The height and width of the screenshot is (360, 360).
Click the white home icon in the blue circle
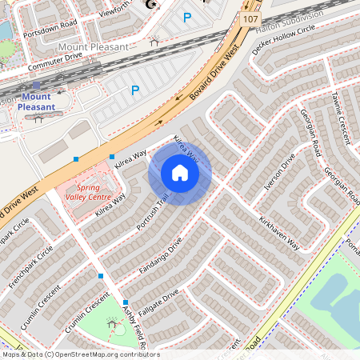point(180,173)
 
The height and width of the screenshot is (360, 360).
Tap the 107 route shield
point(251,18)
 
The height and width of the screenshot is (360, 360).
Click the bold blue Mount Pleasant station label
point(38,102)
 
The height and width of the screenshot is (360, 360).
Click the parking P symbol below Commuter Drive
point(134,90)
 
